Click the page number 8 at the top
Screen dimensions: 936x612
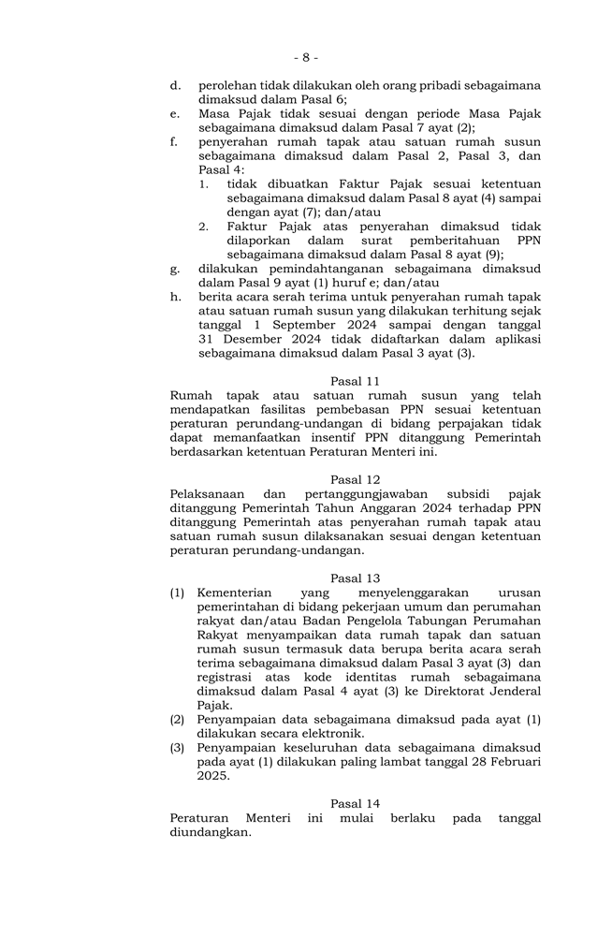coord(305,57)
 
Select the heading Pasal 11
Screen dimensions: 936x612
coord(355,381)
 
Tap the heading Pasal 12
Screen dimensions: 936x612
coord(355,480)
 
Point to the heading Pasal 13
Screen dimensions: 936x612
coord(355,578)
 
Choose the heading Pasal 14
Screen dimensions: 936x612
coord(355,804)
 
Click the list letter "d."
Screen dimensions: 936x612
coord(175,85)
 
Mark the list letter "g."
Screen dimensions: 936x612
coord(175,269)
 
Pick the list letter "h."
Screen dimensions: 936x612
coord(175,297)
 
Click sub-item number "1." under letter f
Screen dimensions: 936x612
coord(204,184)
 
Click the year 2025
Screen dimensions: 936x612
coord(213,776)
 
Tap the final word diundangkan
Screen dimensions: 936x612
coord(211,832)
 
